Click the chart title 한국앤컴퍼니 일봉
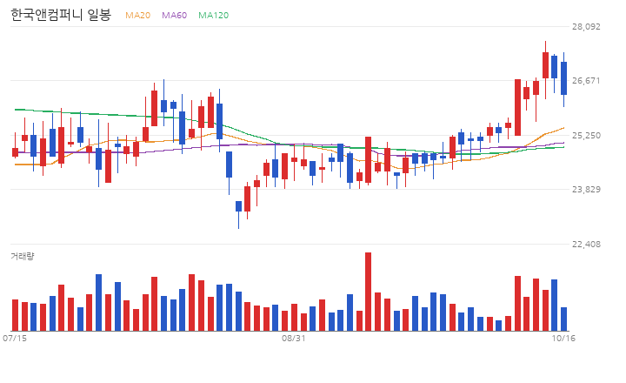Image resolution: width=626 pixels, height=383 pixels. pyautogui.click(x=61, y=15)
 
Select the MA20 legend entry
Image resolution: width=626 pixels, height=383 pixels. pyautogui.click(x=137, y=15)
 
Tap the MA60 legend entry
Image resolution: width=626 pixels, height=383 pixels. pyautogui.click(x=174, y=15)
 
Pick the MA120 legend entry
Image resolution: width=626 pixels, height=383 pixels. pyautogui.click(x=214, y=15)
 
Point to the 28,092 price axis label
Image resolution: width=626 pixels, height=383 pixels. pyautogui.click(x=586, y=26)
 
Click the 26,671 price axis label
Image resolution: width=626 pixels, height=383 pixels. pyautogui.click(x=586, y=80)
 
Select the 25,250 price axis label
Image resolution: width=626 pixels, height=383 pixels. pyautogui.click(x=586, y=135)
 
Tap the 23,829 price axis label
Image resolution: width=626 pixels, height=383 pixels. pyautogui.click(x=586, y=189)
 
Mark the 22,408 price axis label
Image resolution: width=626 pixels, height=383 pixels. pyautogui.click(x=586, y=244)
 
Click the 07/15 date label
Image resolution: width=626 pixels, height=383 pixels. pyautogui.click(x=15, y=339)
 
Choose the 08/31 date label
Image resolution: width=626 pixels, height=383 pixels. pyautogui.click(x=294, y=339)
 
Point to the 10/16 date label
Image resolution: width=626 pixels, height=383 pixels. pyautogui.click(x=563, y=339)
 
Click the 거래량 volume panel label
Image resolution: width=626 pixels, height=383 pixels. pyautogui.click(x=23, y=256)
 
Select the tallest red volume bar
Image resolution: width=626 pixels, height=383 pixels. pyautogui.click(x=368, y=292)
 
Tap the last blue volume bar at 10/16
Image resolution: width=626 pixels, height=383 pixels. pyautogui.click(x=563, y=319)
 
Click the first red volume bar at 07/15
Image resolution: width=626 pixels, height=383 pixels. pyautogui.click(x=15, y=315)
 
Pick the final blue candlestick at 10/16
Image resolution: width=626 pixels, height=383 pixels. pyautogui.click(x=563, y=78)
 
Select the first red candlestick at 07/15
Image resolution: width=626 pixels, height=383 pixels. pyautogui.click(x=15, y=152)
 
